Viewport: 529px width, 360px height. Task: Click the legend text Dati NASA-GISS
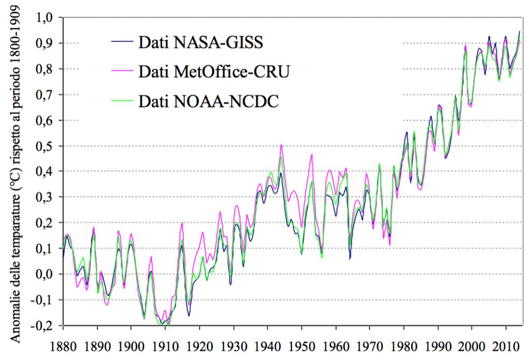(200, 42)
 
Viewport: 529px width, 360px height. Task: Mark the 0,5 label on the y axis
(45, 146)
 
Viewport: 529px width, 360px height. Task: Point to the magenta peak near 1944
(281, 145)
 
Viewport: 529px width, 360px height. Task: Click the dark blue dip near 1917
(189, 315)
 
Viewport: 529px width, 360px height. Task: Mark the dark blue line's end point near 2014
(520, 32)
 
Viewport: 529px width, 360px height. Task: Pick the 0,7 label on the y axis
(45, 95)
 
